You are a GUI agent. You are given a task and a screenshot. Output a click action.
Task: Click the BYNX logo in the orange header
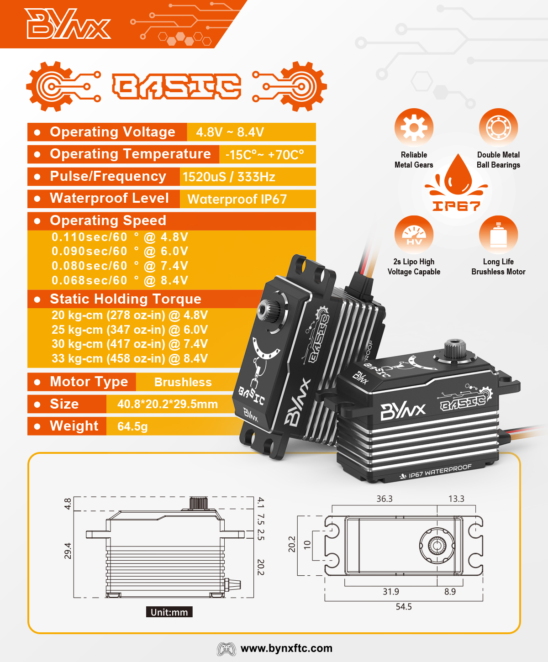tap(68, 23)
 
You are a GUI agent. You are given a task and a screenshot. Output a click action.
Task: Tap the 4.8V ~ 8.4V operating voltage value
tap(230, 132)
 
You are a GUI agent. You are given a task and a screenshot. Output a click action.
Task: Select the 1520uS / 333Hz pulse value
tap(229, 177)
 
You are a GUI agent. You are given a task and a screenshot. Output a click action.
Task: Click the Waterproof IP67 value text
tap(237, 199)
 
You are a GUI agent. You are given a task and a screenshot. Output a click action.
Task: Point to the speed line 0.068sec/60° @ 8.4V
tap(120, 280)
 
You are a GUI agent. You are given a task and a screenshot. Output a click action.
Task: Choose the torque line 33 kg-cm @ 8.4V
tap(130, 358)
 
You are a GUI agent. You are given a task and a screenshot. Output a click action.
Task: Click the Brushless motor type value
tap(183, 382)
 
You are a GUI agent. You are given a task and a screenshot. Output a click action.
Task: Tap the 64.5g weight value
tap(132, 426)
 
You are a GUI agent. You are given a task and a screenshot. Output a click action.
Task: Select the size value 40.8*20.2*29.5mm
tap(168, 404)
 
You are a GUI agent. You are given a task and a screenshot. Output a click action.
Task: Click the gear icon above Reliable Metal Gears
tap(414, 127)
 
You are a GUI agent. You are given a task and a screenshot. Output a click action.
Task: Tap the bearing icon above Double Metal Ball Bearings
tap(498, 127)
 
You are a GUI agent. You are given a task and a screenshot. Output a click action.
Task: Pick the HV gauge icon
tap(414, 235)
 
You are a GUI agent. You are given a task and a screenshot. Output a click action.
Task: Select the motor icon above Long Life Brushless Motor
tap(498, 235)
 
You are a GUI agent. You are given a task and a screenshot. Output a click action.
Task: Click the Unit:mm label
tap(169, 612)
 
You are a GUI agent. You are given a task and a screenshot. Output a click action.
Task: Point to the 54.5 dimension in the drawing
tap(404, 606)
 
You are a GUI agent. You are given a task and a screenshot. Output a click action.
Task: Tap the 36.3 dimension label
tap(385, 499)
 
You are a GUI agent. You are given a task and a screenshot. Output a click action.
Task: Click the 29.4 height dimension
tap(68, 551)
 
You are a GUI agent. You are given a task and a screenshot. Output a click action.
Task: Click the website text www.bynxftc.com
tap(286, 648)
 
